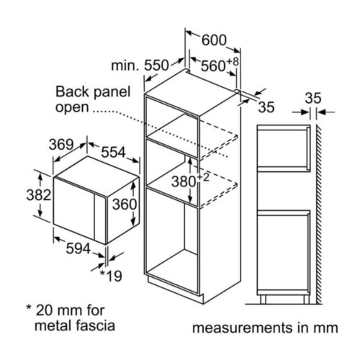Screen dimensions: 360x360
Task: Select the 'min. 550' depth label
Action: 143,66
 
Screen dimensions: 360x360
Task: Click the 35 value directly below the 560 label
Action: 267,108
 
